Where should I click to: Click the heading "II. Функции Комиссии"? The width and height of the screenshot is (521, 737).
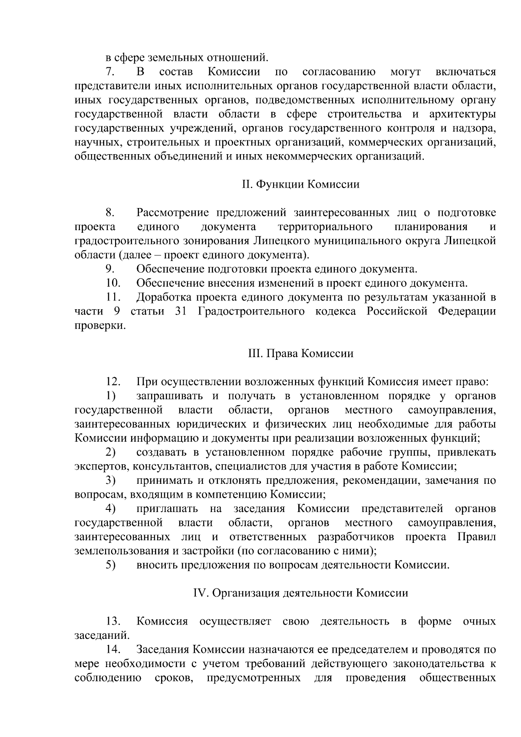(x=300, y=185)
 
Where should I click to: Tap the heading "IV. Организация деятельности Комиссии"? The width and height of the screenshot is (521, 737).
(x=300, y=593)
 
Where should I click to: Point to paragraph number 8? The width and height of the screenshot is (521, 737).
(x=109, y=213)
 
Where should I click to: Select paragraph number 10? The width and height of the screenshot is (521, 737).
(x=113, y=284)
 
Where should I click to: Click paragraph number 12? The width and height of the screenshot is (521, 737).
(x=113, y=382)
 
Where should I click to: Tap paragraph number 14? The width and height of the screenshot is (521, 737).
(x=113, y=650)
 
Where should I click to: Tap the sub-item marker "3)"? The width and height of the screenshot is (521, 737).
(x=110, y=481)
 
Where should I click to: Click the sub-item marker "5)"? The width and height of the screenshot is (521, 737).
(x=110, y=565)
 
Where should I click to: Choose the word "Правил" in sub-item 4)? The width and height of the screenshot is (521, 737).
(x=476, y=537)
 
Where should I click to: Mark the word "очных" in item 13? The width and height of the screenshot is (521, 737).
(x=479, y=621)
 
